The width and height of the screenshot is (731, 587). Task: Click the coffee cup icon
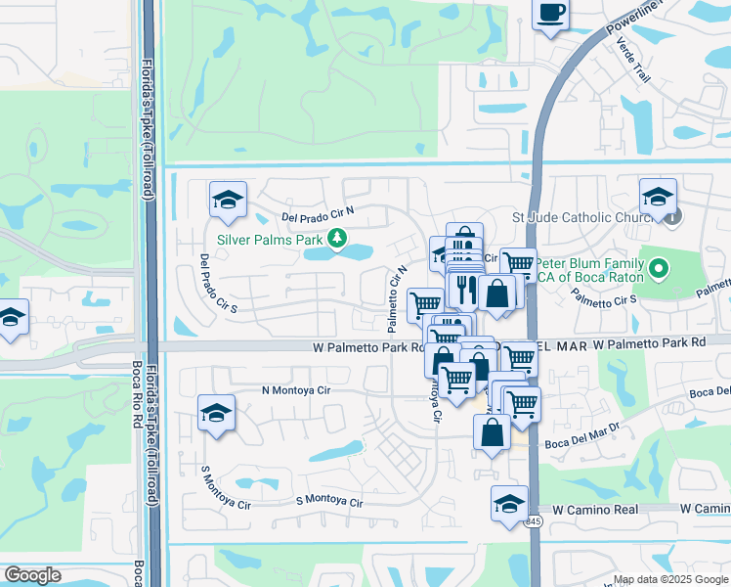coord(551,13)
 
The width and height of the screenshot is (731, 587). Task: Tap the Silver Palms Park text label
coord(269,238)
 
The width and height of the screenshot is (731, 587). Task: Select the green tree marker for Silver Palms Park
coord(337,238)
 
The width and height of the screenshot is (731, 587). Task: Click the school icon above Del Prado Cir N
coord(228,201)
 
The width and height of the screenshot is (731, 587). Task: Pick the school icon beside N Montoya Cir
coord(216,413)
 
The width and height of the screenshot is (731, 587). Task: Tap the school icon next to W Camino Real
coord(509,505)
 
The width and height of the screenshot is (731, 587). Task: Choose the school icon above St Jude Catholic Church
coord(659,196)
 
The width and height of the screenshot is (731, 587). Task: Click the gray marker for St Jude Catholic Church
coord(673,217)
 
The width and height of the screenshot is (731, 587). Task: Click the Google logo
coord(32,575)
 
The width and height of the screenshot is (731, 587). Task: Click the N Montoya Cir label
coord(297,390)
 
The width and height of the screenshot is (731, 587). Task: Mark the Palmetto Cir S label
coord(606,300)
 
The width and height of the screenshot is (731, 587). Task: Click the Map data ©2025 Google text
coord(669,579)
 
